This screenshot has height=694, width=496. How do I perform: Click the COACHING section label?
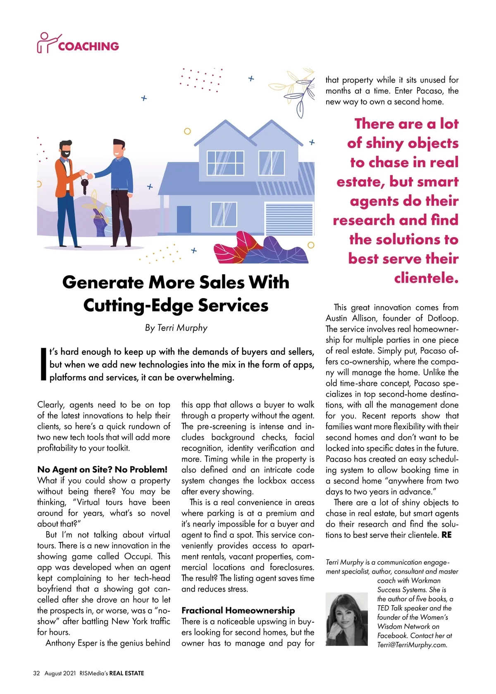point(88,46)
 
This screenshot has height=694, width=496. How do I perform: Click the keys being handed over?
point(84,184)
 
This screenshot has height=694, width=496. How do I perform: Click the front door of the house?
point(184,219)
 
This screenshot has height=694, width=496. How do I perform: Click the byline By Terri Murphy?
point(176,328)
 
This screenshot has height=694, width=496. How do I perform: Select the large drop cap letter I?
point(43,364)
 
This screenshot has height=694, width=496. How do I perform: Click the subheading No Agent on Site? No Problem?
point(102,469)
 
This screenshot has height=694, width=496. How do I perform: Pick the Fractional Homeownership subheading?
point(238,610)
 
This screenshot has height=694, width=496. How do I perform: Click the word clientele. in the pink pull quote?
point(426,278)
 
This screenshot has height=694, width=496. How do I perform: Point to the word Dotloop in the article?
point(443,318)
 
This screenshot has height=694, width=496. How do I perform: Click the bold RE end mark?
point(446,535)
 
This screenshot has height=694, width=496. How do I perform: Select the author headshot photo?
point(346,618)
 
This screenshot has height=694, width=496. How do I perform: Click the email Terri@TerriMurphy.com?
point(412,645)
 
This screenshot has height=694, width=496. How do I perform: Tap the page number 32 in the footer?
point(36,673)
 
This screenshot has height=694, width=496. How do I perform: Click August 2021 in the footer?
point(60,673)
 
